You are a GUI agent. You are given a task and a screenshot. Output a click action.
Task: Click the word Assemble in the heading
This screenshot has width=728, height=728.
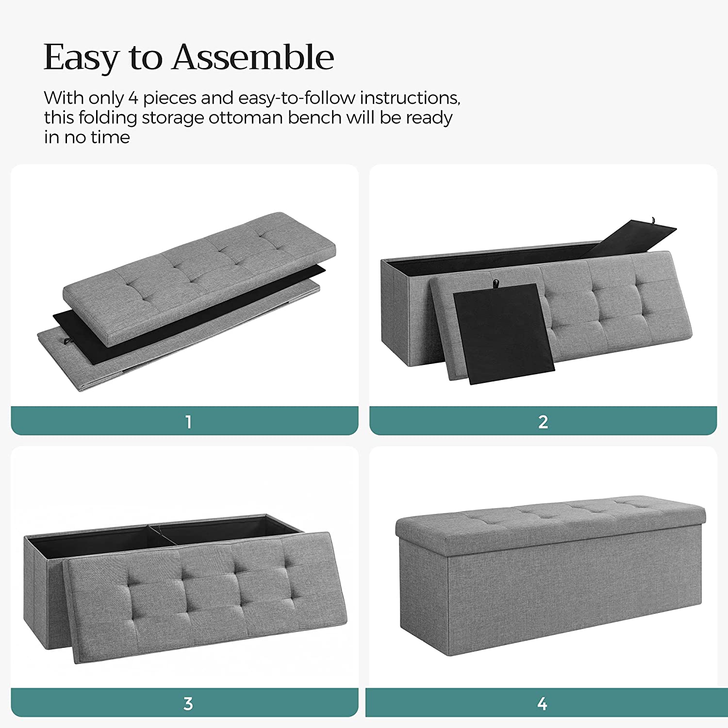click(253, 57)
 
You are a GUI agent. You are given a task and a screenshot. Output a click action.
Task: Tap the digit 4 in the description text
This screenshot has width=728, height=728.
click(133, 98)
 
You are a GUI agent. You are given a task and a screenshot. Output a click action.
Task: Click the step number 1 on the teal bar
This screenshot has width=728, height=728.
click(188, 422)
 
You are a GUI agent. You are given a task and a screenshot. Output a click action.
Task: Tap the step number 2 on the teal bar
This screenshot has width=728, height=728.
click(543, 422)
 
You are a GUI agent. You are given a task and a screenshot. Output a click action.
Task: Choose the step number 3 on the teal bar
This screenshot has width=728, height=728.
click(188, 703)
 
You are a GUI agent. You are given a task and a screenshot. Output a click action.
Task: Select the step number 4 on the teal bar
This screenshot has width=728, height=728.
click(542, 703)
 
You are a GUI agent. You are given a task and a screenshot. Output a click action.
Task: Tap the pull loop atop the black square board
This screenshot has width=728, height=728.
click(496, 283)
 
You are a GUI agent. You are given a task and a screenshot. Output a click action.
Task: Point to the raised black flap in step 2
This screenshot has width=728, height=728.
click(629, 239)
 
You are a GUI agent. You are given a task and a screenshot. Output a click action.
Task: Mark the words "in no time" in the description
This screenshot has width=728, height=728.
click(87, 137)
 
